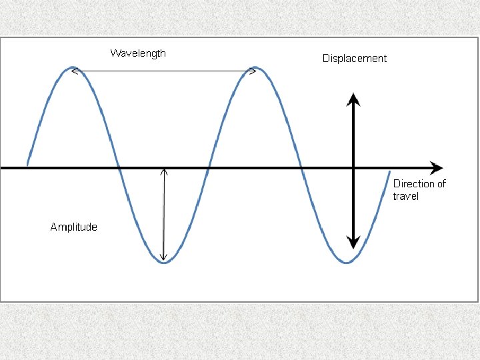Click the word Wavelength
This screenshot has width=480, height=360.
coord(138,53)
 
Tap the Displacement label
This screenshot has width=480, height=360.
coord(354,58)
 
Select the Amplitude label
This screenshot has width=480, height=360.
coord(73,227)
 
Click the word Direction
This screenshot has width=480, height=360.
coord(414,183)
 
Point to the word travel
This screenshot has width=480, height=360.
coord(405,196)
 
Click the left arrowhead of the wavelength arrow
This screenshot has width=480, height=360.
coord(75,70)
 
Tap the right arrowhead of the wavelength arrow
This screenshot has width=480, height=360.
coord(253,70)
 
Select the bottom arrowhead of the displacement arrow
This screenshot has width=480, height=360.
coord(353,243)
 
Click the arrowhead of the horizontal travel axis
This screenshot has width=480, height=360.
coord(437,167)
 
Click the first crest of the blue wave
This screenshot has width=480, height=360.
coord(73,67)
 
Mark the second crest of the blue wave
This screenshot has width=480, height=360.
coord(255,67)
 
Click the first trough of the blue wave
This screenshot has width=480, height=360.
coord(164,263)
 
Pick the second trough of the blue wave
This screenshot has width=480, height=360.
coord(347,263)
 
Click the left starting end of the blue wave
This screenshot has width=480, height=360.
coord(27,163)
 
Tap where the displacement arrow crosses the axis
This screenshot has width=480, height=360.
coord(353,167)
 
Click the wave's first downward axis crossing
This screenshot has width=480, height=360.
coord(119,167)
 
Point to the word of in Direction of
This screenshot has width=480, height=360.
coord(440,183)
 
